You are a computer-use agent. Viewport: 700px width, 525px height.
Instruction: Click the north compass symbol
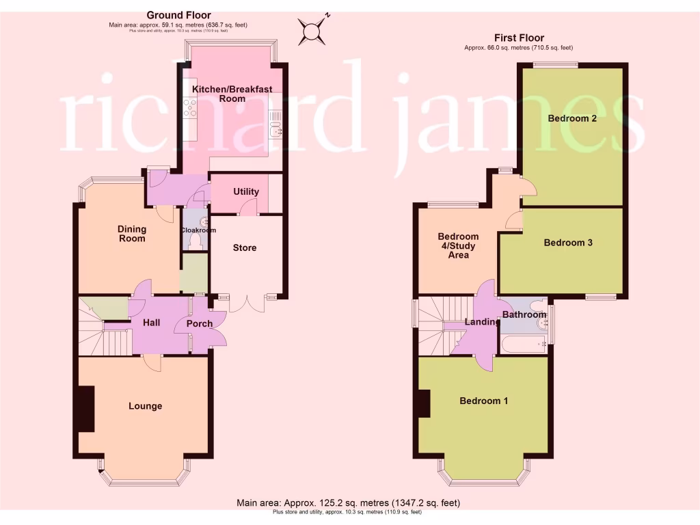[313, 29]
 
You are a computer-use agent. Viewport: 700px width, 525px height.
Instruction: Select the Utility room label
[245, 191]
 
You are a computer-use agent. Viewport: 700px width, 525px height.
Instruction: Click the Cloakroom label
[198, 230]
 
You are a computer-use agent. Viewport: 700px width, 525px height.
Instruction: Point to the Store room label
[245, 247]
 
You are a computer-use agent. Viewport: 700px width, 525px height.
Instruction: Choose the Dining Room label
[132, 234]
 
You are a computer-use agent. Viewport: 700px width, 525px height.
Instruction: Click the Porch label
[200, 323]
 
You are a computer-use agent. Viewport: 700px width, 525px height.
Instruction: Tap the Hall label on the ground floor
[152, 322]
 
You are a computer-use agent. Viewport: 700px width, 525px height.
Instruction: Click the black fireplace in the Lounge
[85, 409]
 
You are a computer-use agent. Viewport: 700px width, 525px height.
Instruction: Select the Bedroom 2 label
[572, 118]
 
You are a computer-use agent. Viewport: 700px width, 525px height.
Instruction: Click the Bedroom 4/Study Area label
[458, 246]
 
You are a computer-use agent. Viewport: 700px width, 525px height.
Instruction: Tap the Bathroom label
[524, 314]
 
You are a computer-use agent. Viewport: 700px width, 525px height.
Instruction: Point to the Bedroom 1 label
[483, 401]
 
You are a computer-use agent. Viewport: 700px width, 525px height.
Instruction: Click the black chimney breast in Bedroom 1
[425, 403]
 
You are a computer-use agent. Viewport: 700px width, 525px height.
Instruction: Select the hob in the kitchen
[189, 108]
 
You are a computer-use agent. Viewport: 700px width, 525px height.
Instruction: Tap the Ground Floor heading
[178, 15]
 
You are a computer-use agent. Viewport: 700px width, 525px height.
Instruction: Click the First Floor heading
[519, 38]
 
